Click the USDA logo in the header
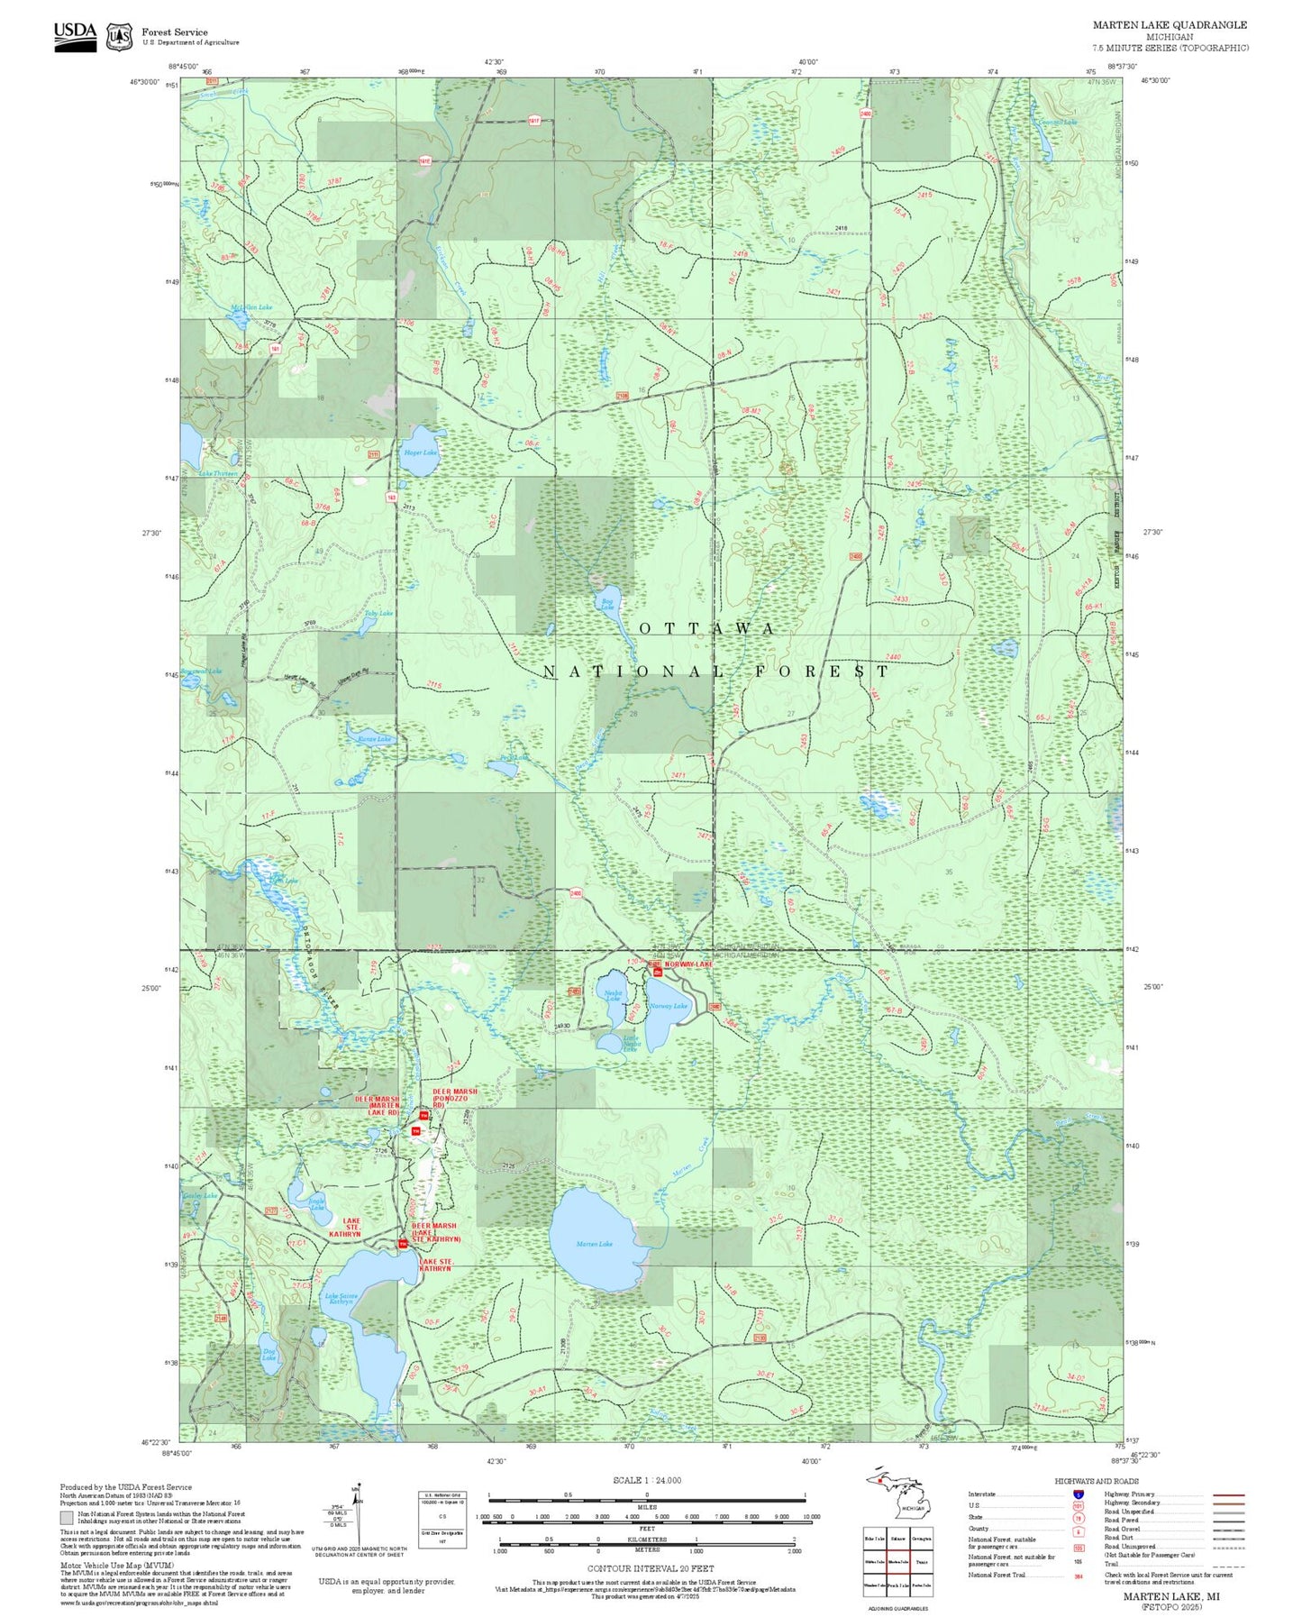click(x=75, y=35)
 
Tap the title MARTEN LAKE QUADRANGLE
click(x=1170, y=25)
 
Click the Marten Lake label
click(x=594, y=1244)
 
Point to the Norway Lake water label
click(x=668, y=1006)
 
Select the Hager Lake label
click(x=420, y=452)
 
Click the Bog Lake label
click(x=607, y=602)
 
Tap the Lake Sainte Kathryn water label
click(x=341, y=1299)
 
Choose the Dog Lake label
click(x=269, y=1355)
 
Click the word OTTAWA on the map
click(x=706, y=628)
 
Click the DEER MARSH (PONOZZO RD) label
click(x=454, y=1097)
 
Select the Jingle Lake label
click(x=316, y=1203)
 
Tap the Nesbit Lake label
click(x=613, y=995)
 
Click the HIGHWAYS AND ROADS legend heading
click(x=1096, y=1481)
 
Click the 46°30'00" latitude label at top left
click(x=144, y=82)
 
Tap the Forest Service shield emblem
click(x=119, y=36)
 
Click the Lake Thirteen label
click(x=218, y=473)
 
